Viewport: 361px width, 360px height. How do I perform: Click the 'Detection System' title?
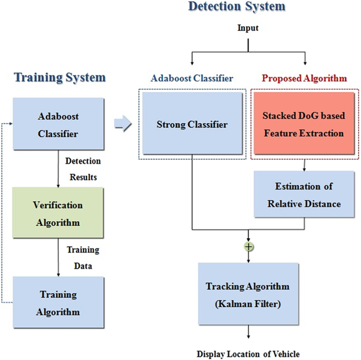237,6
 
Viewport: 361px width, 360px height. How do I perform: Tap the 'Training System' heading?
60,78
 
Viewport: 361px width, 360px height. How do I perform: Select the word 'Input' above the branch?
248,28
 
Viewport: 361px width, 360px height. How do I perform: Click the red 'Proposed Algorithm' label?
304,78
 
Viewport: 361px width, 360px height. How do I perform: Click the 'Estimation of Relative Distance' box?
304,194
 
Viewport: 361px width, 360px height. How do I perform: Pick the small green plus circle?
249,247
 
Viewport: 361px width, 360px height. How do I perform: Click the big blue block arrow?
123,123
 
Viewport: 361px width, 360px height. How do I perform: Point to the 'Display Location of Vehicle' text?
248,354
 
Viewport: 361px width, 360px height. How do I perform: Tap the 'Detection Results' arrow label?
83,169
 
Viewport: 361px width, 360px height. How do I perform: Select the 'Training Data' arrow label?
83,258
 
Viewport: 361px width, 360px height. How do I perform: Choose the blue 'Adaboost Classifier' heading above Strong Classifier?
192,78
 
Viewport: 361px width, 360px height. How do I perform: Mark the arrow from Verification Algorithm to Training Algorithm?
58,257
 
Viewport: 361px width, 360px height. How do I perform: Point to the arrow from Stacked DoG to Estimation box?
304,165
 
